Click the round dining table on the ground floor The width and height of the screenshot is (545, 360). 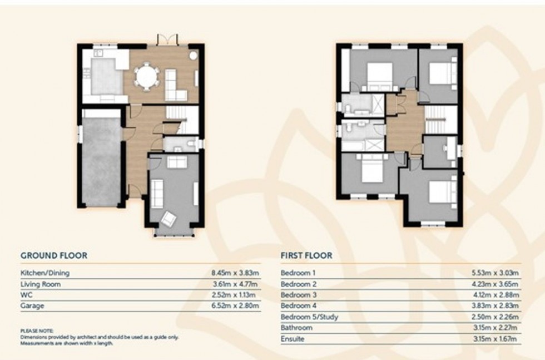pyautogui.click(x=147, y=76)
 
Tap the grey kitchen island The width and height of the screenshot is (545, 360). pyautogui.click(x=106, y=77)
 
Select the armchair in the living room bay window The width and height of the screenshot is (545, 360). pyautogui.click(x=168, y=219)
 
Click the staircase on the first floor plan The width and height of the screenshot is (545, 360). pyautogui.click(x=441, y=120)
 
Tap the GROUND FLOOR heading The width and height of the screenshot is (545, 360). pyautogui.click(x=54, y=256)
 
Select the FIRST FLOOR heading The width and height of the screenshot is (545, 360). pyautogui.click(x=306, y=256)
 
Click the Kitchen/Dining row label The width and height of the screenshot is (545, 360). pyautogui.click(x=45, y=273)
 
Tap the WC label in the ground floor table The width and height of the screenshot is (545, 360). pyautogui.click(x=26, y=295)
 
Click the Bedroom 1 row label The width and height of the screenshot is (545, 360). pyautogui.click(x=298, y=273)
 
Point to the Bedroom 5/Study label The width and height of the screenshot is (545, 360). pyautogui.click(x=309, y=317)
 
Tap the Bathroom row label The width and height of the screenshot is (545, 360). pyautogui.click(x=296, y=328)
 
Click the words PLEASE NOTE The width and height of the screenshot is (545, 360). pyautogui.click(x=37, y=331)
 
